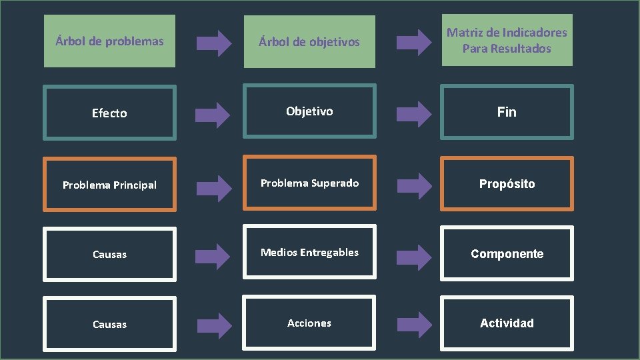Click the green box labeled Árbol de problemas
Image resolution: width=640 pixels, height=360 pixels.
[x=109, y=41]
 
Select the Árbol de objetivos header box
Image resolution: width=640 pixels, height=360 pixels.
[x=309, y=42]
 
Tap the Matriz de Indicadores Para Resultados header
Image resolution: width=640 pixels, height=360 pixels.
[x=507, y=40]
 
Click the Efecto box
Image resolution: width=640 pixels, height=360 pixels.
[x=109, y=113]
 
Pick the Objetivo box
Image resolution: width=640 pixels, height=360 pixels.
[x=309, y=111]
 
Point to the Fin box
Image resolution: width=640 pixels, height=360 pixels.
[x=507, y=112]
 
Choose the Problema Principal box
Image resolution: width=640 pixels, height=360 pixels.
[x=109, y=185]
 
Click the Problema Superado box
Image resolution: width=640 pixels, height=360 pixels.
[x=309, y=183]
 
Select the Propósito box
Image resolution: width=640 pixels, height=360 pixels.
[x=507, y=183]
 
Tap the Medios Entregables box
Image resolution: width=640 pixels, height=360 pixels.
[x=309, y=253]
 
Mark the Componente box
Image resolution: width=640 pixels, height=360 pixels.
[x=507, y=253]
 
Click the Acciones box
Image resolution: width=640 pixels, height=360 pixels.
[x=309, y=323]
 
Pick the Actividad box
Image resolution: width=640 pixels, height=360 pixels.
[x=507, y=323]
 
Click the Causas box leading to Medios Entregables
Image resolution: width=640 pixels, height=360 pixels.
[x=109, y=254]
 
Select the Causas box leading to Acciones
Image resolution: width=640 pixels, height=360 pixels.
[x=109, y=325]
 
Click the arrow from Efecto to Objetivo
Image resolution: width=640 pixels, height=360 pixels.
[x=214, y=113]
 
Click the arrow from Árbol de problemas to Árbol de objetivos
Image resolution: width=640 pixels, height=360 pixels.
[x=214, y=43]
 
